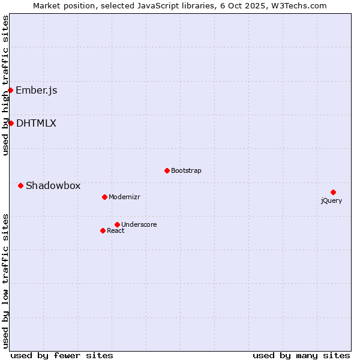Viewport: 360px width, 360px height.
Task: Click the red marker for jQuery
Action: [x=333, y=192]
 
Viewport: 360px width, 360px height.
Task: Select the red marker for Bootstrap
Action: [x=167, y=170]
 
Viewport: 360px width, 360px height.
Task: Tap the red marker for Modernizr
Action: [x=104, y=197]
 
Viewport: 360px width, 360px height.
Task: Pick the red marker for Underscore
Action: [x=117, y=224]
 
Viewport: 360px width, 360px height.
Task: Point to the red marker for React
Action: [x=103, y=230]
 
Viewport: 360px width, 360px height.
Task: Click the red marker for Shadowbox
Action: [x=20, y=185]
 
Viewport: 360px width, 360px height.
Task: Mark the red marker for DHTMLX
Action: [x=11, y=123]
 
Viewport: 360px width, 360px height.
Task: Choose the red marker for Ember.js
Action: [x=10, y=90]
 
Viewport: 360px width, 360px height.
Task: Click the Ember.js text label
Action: [x=37, y=91]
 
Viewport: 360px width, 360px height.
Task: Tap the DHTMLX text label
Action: [x=36, y=124]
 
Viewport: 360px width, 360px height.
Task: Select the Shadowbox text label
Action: [x=53, y=186]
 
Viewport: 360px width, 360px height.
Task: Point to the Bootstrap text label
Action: [x=186, y=171]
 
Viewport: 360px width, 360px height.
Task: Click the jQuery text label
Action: [x=331, y=201]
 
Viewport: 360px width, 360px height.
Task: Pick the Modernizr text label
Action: [x=124, y=197]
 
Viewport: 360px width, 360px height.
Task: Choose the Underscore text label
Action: [x=139, y=225]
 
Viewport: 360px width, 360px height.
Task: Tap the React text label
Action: [x=116, y=231]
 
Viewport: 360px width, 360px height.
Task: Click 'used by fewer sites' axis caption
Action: [x=62, y=356]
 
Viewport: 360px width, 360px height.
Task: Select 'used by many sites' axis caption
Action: [x=301, y=356]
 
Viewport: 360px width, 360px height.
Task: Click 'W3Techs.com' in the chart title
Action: [x=299, y=6]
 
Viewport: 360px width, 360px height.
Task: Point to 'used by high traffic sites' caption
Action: [x=6, y=85]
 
